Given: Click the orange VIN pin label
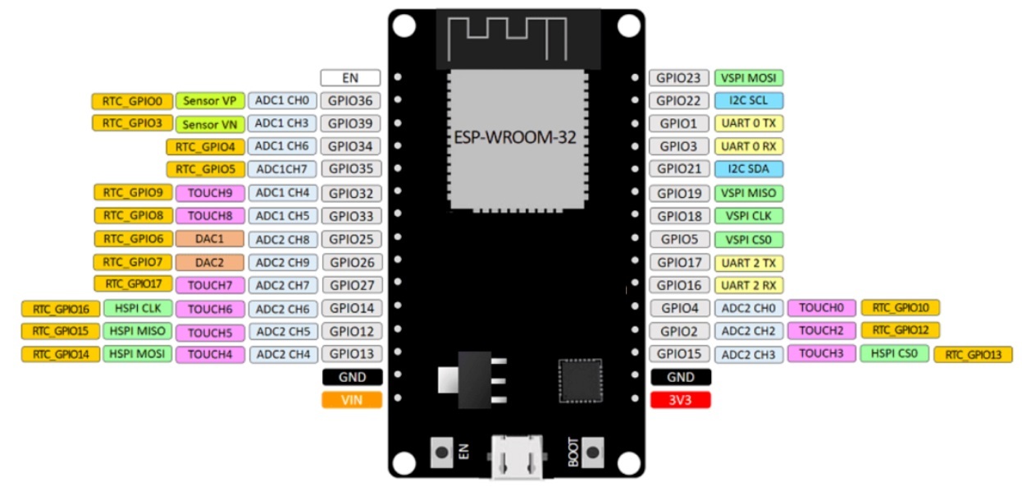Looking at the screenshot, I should pos(352,400).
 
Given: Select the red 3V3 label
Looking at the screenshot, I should pos(680,400).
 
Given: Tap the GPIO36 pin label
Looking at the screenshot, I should pos(352,101).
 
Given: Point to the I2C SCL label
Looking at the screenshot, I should pos(749,101).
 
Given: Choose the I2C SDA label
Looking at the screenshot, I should pos(749,169).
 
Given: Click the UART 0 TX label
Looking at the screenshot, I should pos(749,123).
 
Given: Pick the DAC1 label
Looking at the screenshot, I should pos(210,239).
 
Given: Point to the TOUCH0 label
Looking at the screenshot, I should pos(821,308).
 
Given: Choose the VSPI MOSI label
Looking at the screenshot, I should pos(749,78).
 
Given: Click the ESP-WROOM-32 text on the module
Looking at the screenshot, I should pos(515,137).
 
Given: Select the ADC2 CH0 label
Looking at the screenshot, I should pos(749,309).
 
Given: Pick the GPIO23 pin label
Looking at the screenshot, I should pos(680,78).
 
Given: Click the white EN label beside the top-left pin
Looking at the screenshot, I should pos(350,78).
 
